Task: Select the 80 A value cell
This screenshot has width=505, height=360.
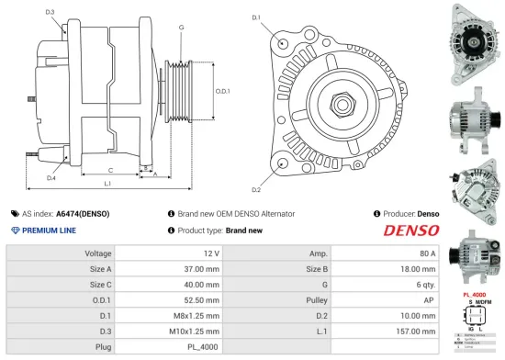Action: [427, 253]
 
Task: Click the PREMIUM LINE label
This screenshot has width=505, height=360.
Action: [48, 231]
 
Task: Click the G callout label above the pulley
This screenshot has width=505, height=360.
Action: [182, 28]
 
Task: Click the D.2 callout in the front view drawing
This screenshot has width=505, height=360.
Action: [255, 190]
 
